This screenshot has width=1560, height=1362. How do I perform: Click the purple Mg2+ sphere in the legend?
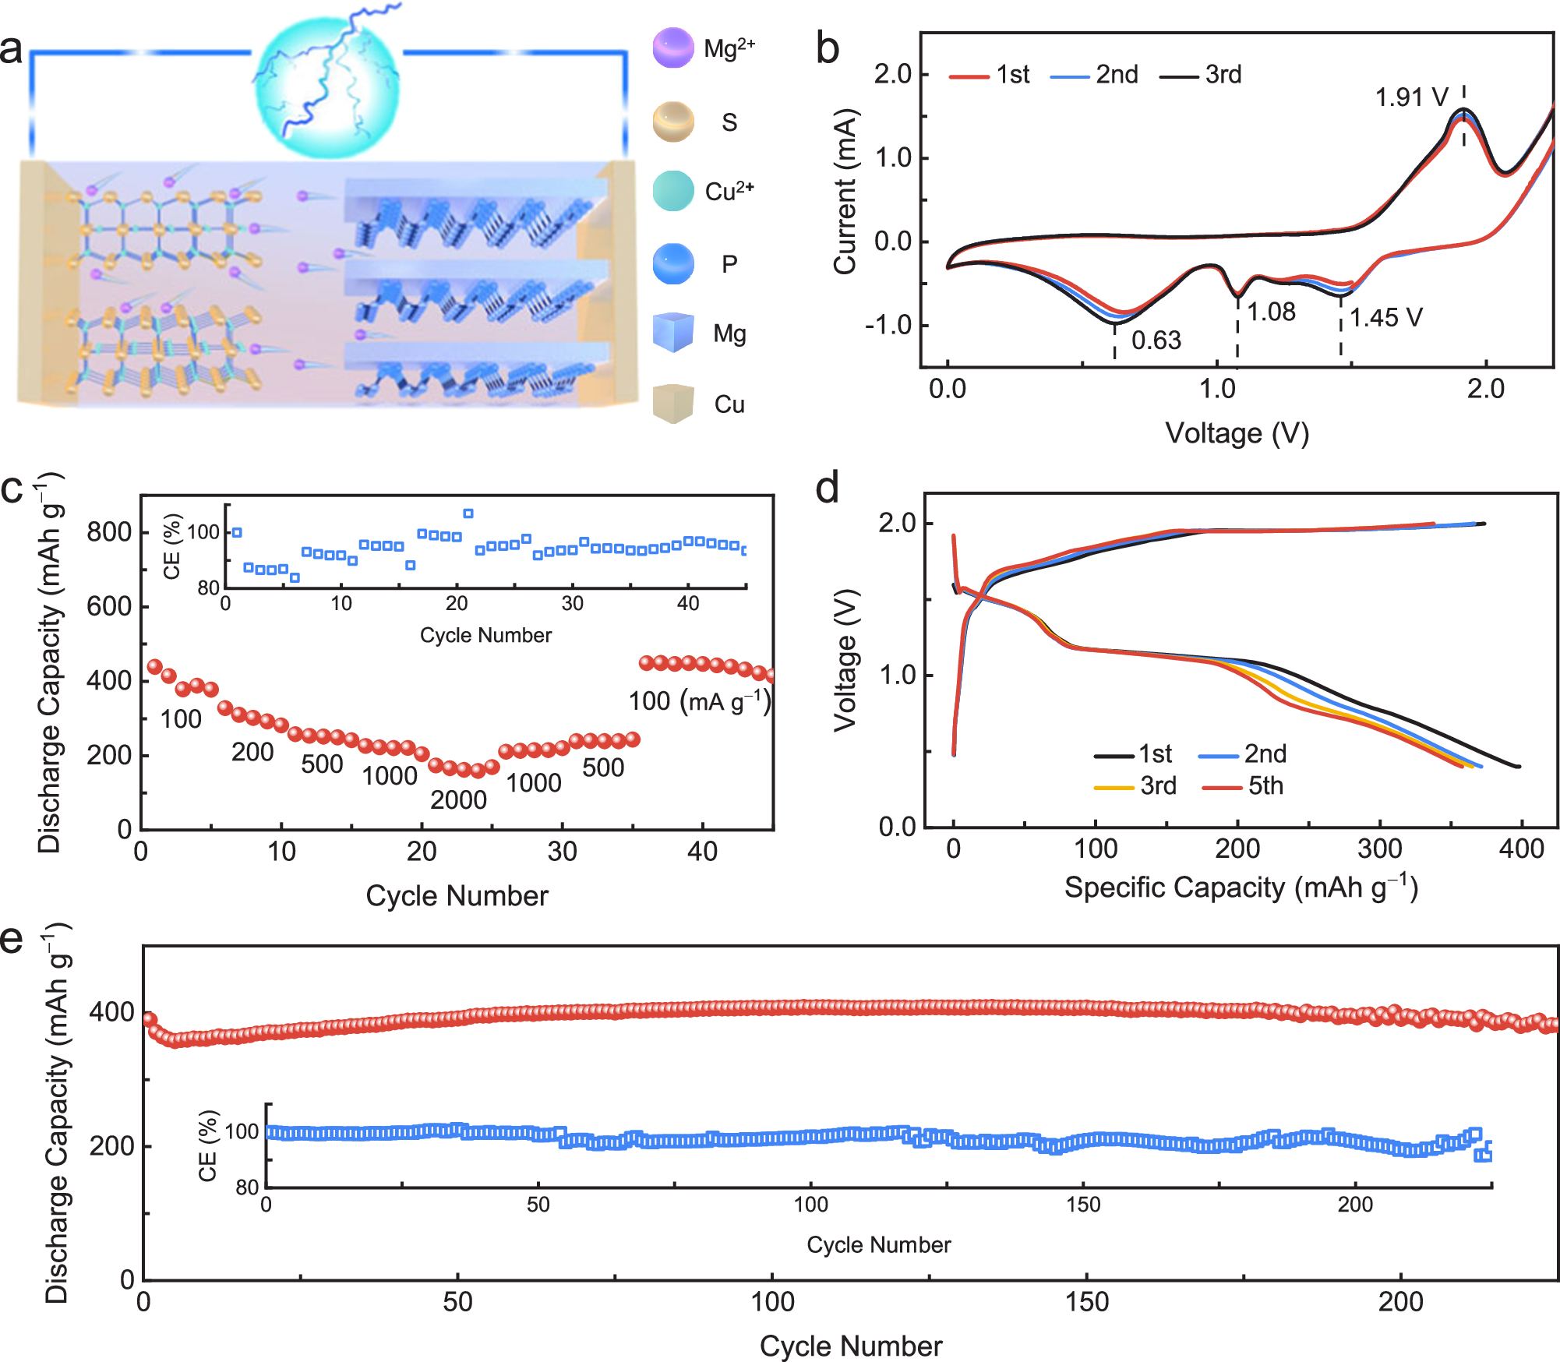click(673, 48)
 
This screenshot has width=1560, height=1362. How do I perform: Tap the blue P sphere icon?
click(673, 263)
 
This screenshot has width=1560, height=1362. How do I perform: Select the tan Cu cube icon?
click(673, 403)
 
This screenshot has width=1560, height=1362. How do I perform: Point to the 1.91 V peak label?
click(1410, 97)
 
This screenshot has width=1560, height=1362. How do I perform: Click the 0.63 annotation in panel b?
click(1156, 340)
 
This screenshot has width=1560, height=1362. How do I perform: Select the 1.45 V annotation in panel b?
click(1385, 318)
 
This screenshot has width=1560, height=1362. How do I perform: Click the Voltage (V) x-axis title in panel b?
click(1237, 433)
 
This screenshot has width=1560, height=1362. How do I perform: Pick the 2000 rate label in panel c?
click(458, 800)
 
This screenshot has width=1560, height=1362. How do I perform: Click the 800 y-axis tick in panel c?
click(109, 533)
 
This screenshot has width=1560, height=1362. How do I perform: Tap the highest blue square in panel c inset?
click(468, 513)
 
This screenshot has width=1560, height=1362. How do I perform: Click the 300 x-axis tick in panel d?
click(1379, 849)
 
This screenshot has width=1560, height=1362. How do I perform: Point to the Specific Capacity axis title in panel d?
click(1241, 888)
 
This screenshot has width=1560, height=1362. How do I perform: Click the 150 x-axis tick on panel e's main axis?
click(1086, 1302)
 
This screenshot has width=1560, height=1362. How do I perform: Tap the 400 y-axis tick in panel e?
click(111, 1013)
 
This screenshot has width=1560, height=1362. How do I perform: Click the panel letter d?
click(828, 489)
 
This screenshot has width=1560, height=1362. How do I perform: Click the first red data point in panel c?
click(154, 666)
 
